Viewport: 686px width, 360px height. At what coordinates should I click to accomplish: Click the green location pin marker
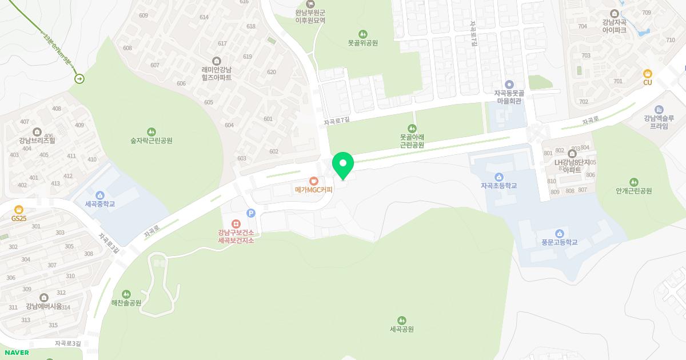(x=343, y=165)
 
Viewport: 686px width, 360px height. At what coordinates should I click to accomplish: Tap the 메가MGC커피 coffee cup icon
(x=313, y=181)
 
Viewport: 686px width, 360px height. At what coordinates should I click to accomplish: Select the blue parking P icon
(x=250, y=213)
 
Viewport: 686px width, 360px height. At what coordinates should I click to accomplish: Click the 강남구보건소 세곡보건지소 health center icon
(x=236, y=223)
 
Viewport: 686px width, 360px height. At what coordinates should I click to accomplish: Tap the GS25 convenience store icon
(x=19, y=209)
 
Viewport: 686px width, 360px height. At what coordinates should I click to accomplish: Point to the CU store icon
(x=648, y=73)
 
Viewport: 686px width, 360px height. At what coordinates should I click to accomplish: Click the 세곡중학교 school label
(x=100, y=204)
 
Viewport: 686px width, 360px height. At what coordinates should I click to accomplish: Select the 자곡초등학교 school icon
(x=499, y=177)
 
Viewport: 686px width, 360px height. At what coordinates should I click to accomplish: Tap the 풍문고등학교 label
(x=559, y=242)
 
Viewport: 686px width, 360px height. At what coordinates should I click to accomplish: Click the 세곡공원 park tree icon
(x=402, y=320)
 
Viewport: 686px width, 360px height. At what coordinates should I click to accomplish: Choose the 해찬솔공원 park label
(x=126, y=303)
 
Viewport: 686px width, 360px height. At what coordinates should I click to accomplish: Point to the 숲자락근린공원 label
(x=151, y=141)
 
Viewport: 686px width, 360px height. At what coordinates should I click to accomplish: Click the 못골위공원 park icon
(x=363, y=34)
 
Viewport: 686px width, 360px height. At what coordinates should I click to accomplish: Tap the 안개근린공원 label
(x=634, y=191)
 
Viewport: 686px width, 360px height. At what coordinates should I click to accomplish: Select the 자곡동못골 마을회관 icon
(x=509, y=85)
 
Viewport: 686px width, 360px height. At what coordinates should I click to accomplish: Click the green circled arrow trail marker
(x=79, y=79)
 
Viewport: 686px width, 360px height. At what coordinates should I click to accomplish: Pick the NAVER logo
(x=17, y=353)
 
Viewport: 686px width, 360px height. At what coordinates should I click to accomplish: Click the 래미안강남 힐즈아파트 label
(x=217, y=74)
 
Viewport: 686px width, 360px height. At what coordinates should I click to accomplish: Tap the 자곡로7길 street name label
(x=336, y=121)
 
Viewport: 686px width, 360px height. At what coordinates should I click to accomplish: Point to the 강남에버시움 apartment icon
(x=44, y=297)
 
